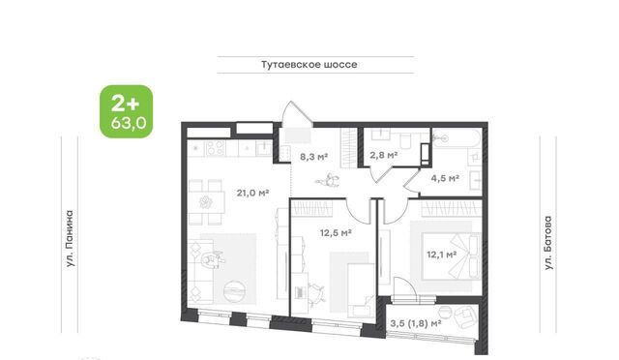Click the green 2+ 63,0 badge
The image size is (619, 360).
[x=127, y=111]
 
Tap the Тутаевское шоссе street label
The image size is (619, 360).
[x=309, y=65]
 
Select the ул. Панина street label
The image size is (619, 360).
[x=70, y=238]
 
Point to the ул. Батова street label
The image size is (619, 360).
[x=548, y=243]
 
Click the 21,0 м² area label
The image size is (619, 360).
[x=252, y=194]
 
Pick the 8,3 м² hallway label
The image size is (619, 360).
[x=313, y=157]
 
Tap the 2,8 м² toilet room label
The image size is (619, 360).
[x=383, y=155]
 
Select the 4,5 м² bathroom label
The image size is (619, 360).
[x=445, y=178]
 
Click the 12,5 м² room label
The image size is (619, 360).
[x=336, y=233]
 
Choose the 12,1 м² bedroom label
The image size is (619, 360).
[x=442, y=255]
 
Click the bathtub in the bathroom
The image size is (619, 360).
[x=457, y=138]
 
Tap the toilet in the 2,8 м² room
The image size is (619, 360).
[x=405, y=140]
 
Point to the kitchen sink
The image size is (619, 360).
[x=263, y=148]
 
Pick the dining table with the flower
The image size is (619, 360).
[x=206, y=202]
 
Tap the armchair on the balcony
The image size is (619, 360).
[x=464, y=317]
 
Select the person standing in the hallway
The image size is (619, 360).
[x=327, y=181]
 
